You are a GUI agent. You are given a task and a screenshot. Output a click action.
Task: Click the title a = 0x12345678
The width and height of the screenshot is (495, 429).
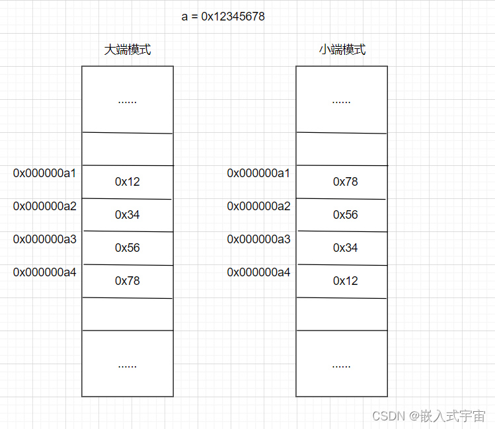223,17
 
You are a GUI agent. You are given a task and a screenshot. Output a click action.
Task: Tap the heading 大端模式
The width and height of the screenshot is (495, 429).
128,50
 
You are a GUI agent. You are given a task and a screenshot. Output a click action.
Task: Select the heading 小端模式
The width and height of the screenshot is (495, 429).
342,50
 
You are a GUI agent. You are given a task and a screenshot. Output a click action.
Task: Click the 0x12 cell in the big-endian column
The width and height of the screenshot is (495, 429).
128,182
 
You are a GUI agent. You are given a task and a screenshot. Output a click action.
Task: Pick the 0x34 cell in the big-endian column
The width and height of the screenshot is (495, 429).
128,215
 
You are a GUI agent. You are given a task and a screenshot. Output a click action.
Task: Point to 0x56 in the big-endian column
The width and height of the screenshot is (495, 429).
128,248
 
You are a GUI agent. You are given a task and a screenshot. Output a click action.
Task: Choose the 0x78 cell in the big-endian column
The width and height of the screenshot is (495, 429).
128,281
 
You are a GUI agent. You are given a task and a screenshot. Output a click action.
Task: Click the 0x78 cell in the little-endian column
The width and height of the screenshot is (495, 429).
345,182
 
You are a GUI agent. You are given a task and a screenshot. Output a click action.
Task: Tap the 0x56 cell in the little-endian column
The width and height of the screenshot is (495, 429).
345,215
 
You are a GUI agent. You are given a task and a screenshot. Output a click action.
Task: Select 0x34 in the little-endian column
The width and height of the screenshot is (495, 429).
345,248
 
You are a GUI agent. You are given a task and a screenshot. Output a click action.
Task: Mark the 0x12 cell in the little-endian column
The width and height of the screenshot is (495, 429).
345,281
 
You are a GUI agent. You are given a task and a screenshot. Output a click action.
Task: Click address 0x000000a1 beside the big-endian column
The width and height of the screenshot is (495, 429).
45,173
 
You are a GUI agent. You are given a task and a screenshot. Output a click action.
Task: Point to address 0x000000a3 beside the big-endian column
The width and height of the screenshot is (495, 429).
45,239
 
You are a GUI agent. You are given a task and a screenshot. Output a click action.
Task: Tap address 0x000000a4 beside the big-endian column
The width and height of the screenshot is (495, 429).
45,272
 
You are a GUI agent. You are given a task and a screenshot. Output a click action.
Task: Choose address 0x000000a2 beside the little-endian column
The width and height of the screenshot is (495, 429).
259,206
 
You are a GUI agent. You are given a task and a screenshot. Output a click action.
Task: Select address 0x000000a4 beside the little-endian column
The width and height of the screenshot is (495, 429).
259,272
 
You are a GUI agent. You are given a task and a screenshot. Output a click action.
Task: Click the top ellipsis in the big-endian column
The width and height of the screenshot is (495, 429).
127,102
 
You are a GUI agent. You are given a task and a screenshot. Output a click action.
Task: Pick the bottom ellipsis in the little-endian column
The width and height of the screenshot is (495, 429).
341,366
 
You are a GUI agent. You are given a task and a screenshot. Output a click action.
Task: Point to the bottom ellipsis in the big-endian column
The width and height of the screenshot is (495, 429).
127,366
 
